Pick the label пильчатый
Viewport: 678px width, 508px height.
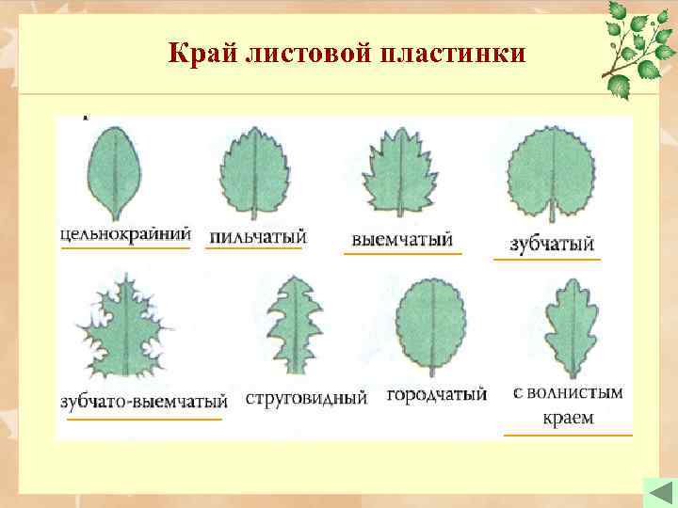coord(257,235)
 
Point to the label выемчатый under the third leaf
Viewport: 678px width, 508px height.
coord(402,239)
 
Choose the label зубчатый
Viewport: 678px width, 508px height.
coord(552,244)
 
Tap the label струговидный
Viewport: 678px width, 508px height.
coord(306,398)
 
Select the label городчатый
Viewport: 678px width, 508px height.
coord(436,396)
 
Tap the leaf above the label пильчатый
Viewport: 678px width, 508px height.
coord(253,175)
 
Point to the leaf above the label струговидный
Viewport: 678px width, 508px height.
coord(295,325)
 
